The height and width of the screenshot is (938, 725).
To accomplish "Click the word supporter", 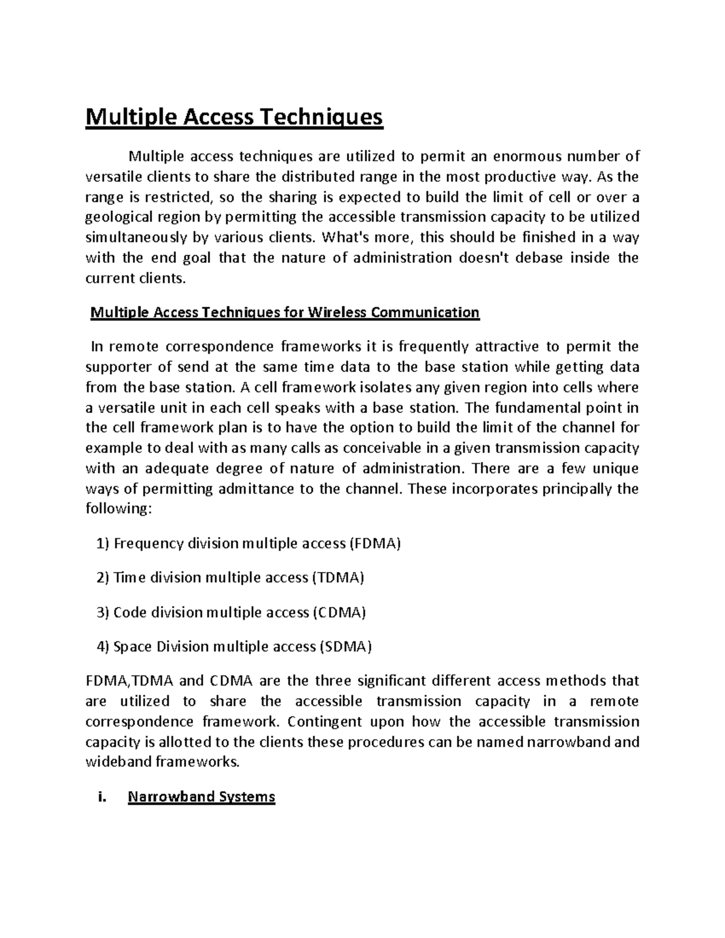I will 117,367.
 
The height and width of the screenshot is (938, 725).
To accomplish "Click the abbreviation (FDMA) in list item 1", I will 375,544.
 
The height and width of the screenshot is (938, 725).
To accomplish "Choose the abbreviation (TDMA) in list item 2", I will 337,578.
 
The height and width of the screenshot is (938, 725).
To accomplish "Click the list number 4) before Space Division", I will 103,647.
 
